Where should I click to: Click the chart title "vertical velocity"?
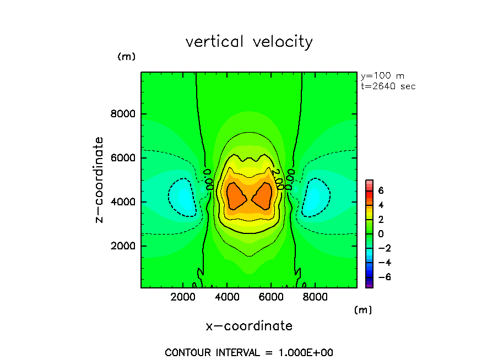click(249, 42)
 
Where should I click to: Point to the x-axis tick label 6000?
click(270, 297)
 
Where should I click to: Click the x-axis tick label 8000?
click(314, 297)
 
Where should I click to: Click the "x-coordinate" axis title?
click(249, 326)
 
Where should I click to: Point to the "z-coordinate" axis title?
click(100, 180)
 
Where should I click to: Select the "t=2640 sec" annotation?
click(388, 86)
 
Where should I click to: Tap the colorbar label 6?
click(380, 190)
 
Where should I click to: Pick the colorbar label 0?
click(380, 233)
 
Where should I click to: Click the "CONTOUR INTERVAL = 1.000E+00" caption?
click(249, 352)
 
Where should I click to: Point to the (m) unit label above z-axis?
click(126, 57)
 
